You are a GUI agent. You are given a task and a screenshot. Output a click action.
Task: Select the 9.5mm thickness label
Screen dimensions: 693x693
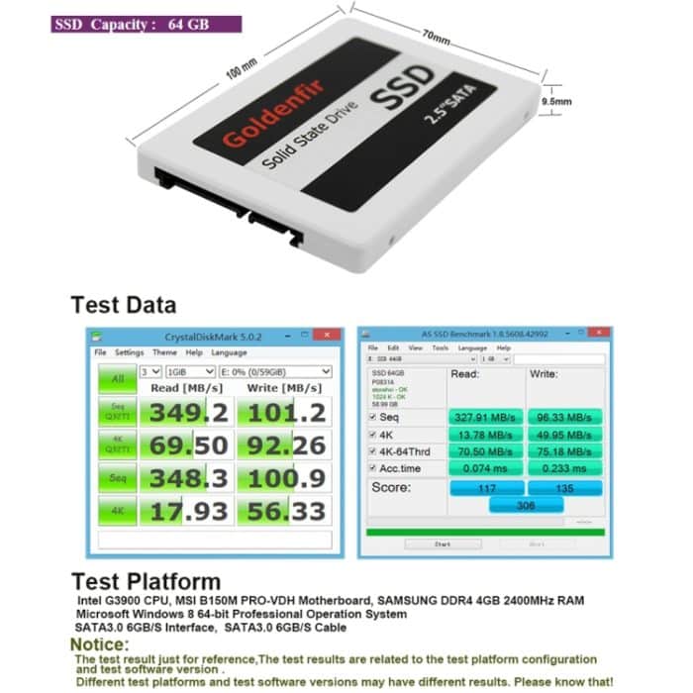click(x=556, y=101)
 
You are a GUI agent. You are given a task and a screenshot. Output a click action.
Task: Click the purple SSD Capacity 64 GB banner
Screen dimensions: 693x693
click(x=146, y=24)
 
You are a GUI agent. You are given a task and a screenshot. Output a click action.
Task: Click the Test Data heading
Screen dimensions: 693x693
click(x=123, y=305)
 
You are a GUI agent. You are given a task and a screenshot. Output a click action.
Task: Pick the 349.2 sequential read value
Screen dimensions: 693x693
click(x=187, y=411)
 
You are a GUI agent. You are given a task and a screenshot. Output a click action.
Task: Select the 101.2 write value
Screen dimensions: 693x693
click(x=284, y=411)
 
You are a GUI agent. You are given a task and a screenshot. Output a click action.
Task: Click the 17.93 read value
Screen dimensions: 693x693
click(x=187, y=512)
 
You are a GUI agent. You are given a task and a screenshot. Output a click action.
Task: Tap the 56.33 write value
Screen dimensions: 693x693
click(x=284, y=512)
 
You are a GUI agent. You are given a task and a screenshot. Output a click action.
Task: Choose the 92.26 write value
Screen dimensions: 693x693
click(x=284, y=445)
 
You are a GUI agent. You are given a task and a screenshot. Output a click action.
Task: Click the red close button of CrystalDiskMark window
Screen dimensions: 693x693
click(x=327, y=335)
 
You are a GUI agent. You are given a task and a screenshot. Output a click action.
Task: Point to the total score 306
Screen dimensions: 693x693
click(x=526, y=505)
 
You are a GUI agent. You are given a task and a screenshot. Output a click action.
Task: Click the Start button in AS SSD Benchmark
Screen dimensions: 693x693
click(x=443, y=544)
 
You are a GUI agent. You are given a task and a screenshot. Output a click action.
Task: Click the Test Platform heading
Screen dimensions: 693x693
click(x=146, y=581)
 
